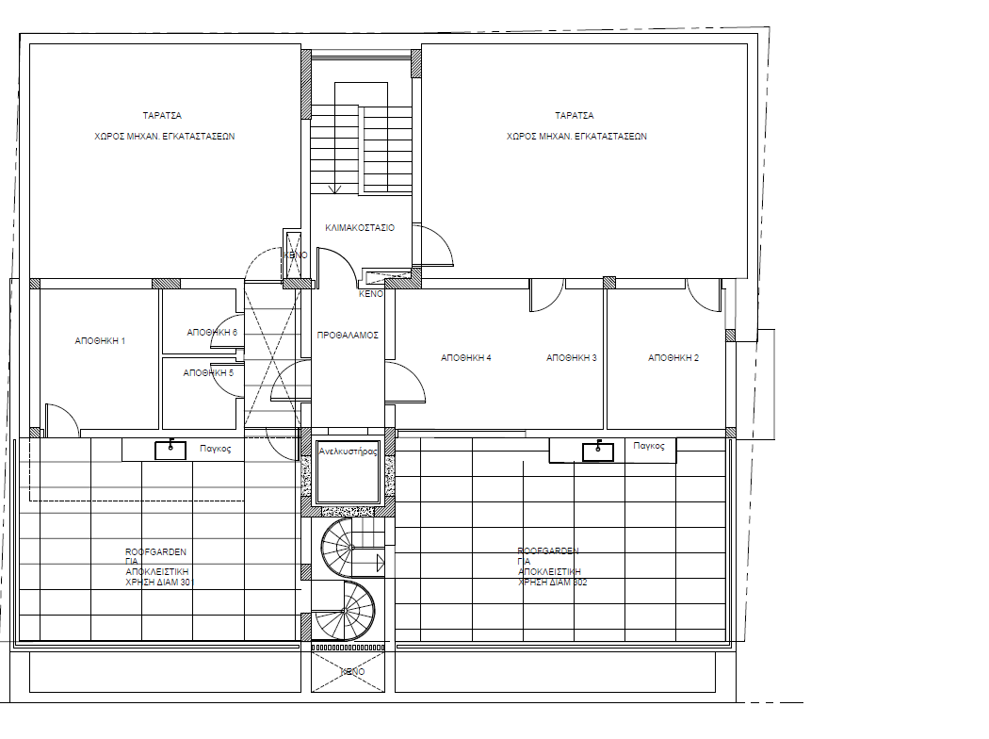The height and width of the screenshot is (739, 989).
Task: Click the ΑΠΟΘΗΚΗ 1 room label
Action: click(101, 341)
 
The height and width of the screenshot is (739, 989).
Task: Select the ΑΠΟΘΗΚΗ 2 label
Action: click(673, 358)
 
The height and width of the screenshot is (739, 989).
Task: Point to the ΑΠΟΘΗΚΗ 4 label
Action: click(466, 358)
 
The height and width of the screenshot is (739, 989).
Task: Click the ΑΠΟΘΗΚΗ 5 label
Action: click(208, 372)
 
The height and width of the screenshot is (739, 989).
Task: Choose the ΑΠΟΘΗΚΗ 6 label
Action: click(212, 333)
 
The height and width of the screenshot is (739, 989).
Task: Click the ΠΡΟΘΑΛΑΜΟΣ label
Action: click(348, 335)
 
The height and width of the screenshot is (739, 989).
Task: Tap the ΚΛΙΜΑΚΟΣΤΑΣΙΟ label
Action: click(360, 228)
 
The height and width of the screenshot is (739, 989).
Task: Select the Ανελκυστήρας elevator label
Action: click(349, 451)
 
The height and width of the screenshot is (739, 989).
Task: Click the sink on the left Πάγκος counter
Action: click(170, 449)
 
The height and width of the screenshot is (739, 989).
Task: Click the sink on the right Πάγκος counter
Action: click(598, 452)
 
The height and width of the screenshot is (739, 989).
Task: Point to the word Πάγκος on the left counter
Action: click(216, 450)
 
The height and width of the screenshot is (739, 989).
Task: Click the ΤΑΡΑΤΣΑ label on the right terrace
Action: click(574, 115)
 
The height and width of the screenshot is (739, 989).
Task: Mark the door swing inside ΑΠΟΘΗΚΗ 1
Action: click(59, 421)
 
